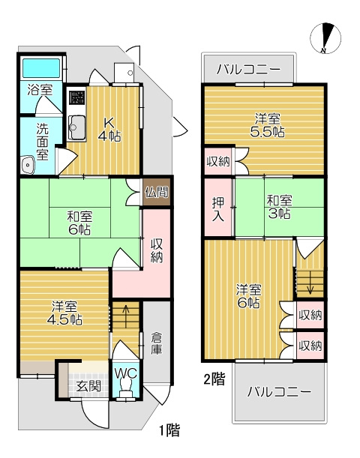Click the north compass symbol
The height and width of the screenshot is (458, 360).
pos(325,38)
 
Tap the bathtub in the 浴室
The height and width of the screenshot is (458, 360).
pos(41,68)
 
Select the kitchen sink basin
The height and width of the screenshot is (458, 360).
pos(77,127)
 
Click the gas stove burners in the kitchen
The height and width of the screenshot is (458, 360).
pos(76,97)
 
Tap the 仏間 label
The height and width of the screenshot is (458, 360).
pos(157,192)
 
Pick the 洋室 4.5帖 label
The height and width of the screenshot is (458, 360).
pos(64,313)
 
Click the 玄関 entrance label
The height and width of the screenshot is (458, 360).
pos(88,386)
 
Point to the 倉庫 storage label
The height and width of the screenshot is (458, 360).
pos(157,343)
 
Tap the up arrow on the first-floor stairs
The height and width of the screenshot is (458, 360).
pos(126,316)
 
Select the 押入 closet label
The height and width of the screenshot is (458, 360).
pos(218,209)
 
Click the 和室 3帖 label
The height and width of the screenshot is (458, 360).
pos(279,207)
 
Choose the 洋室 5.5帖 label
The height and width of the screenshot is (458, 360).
pos(267,126)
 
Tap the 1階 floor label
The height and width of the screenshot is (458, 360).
pos(169,430)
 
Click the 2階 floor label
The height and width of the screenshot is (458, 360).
pos(214,379)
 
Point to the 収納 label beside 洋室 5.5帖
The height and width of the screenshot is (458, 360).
pos(218,161)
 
